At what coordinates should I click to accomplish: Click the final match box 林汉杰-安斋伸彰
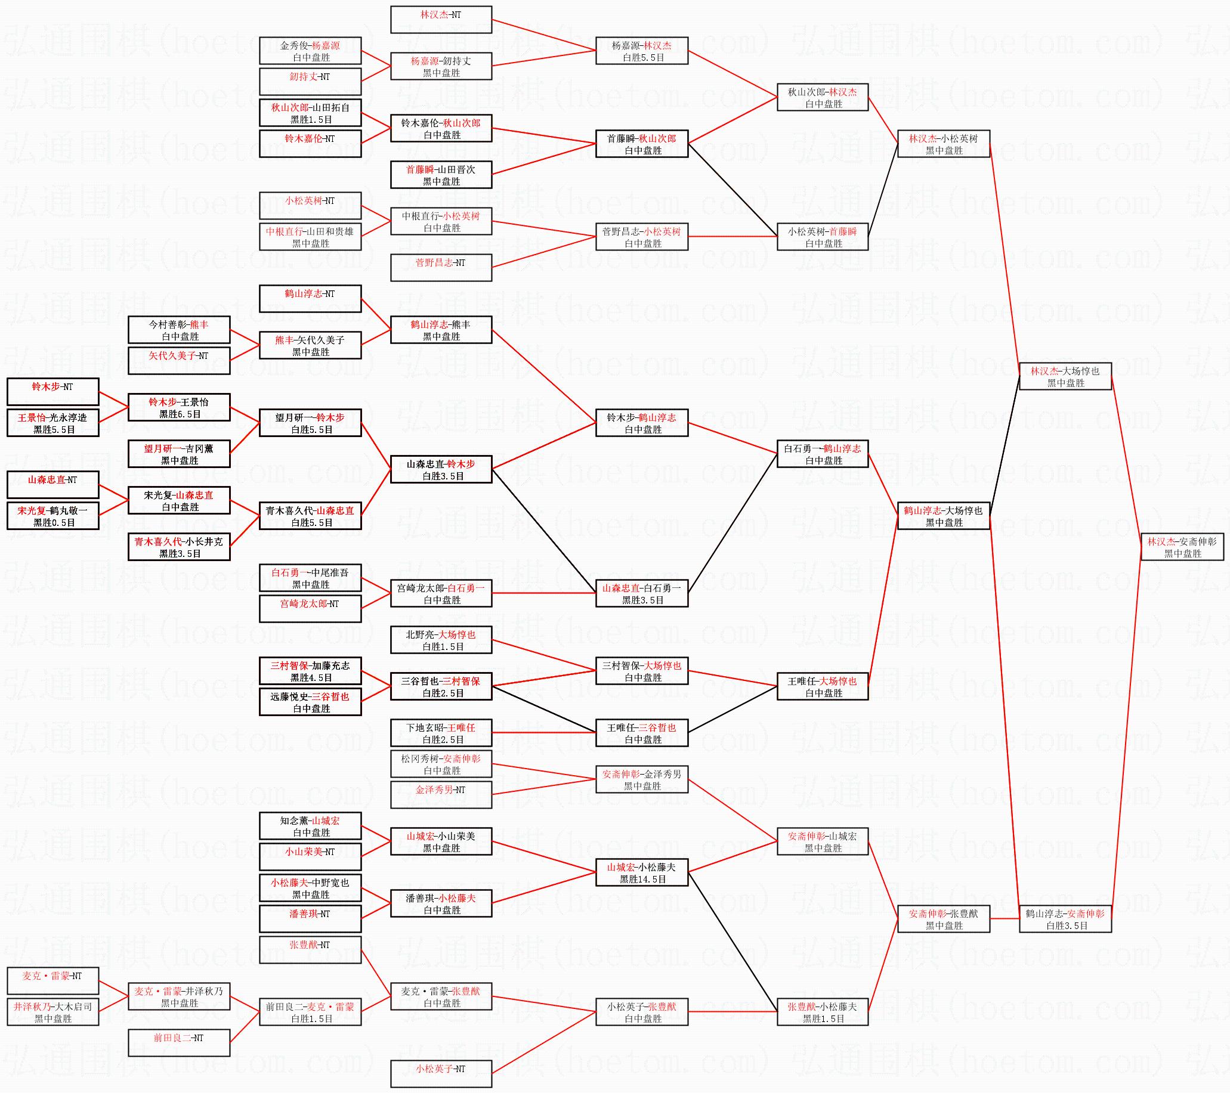click(1182, 547)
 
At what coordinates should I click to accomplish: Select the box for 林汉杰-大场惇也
click(1065, 377)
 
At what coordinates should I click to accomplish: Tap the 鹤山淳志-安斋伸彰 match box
click(1065, 919)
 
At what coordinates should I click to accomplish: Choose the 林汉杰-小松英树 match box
click(944, 144)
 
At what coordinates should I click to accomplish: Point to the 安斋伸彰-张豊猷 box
click(944, 919)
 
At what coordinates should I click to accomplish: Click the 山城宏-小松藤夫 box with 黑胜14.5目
click(642, 872)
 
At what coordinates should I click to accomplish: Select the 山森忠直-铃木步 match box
click(441, 469)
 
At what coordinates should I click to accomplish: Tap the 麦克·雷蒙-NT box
click(53, 981)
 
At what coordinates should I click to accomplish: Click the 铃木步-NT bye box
click(53, 392)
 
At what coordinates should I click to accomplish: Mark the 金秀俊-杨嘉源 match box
click(311, 51)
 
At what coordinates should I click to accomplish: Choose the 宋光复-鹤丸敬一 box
click(53, 516)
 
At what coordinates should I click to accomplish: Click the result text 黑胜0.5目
click(54, 523)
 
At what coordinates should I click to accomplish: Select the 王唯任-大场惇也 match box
click(823, 686)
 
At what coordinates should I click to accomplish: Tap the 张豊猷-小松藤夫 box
click(823, 1012)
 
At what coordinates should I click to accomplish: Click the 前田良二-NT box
click(180, 1043)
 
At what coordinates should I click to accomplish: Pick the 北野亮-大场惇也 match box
click(441, 640)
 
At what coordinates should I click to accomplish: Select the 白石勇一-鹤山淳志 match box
click(823, 454)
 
